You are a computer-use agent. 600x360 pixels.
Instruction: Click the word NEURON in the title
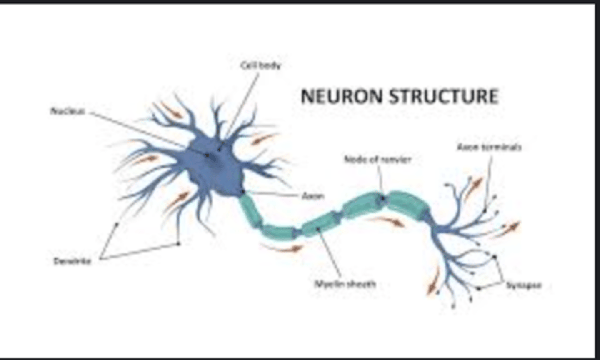341,96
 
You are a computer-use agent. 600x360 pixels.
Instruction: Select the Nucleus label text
68,111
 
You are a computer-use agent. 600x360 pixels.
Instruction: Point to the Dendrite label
72,261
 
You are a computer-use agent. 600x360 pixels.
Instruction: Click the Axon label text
313,195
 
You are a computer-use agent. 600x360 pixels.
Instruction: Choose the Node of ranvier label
377,159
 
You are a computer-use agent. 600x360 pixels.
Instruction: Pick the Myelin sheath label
345,284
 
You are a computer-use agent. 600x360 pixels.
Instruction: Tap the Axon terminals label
489,147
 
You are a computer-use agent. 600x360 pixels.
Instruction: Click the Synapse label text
524,285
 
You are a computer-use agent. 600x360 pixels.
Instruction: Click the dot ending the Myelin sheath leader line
318,228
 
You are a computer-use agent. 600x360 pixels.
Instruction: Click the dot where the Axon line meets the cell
243,192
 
